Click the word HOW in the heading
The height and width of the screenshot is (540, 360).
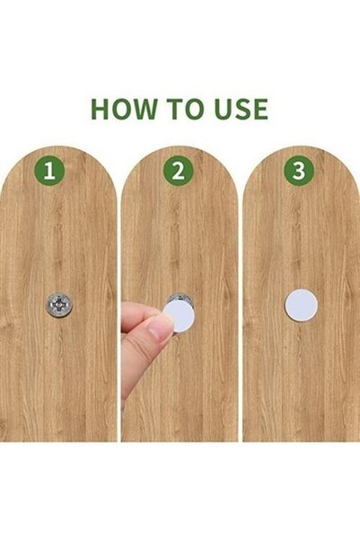click(x=123, y=109)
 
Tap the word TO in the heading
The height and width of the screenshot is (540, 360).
click(x=186, y=109)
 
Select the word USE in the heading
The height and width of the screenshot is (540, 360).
click(x=242, y=109)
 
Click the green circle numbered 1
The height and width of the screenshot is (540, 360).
click(x=49, y=171)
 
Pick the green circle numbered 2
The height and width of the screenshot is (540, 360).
click(x=179, y=171)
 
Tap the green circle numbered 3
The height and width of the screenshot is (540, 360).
click(x=299, y=171)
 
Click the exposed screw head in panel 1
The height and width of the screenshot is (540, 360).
click(x=59, y=305)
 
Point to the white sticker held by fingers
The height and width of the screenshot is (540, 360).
click(x=179, y=315)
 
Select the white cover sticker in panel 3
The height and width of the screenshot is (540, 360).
click(x=301, y=305)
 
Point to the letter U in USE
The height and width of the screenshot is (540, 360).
click(x=224, y=110)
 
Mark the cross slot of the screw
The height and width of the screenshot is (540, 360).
click(x=59, y=305)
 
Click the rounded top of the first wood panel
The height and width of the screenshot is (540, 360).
click(x=58, y=152)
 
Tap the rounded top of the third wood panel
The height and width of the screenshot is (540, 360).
click(x=301, y=152)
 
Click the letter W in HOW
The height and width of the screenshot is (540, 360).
click(x=144, y=109)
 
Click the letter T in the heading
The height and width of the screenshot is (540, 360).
click(x=175, y=109)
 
